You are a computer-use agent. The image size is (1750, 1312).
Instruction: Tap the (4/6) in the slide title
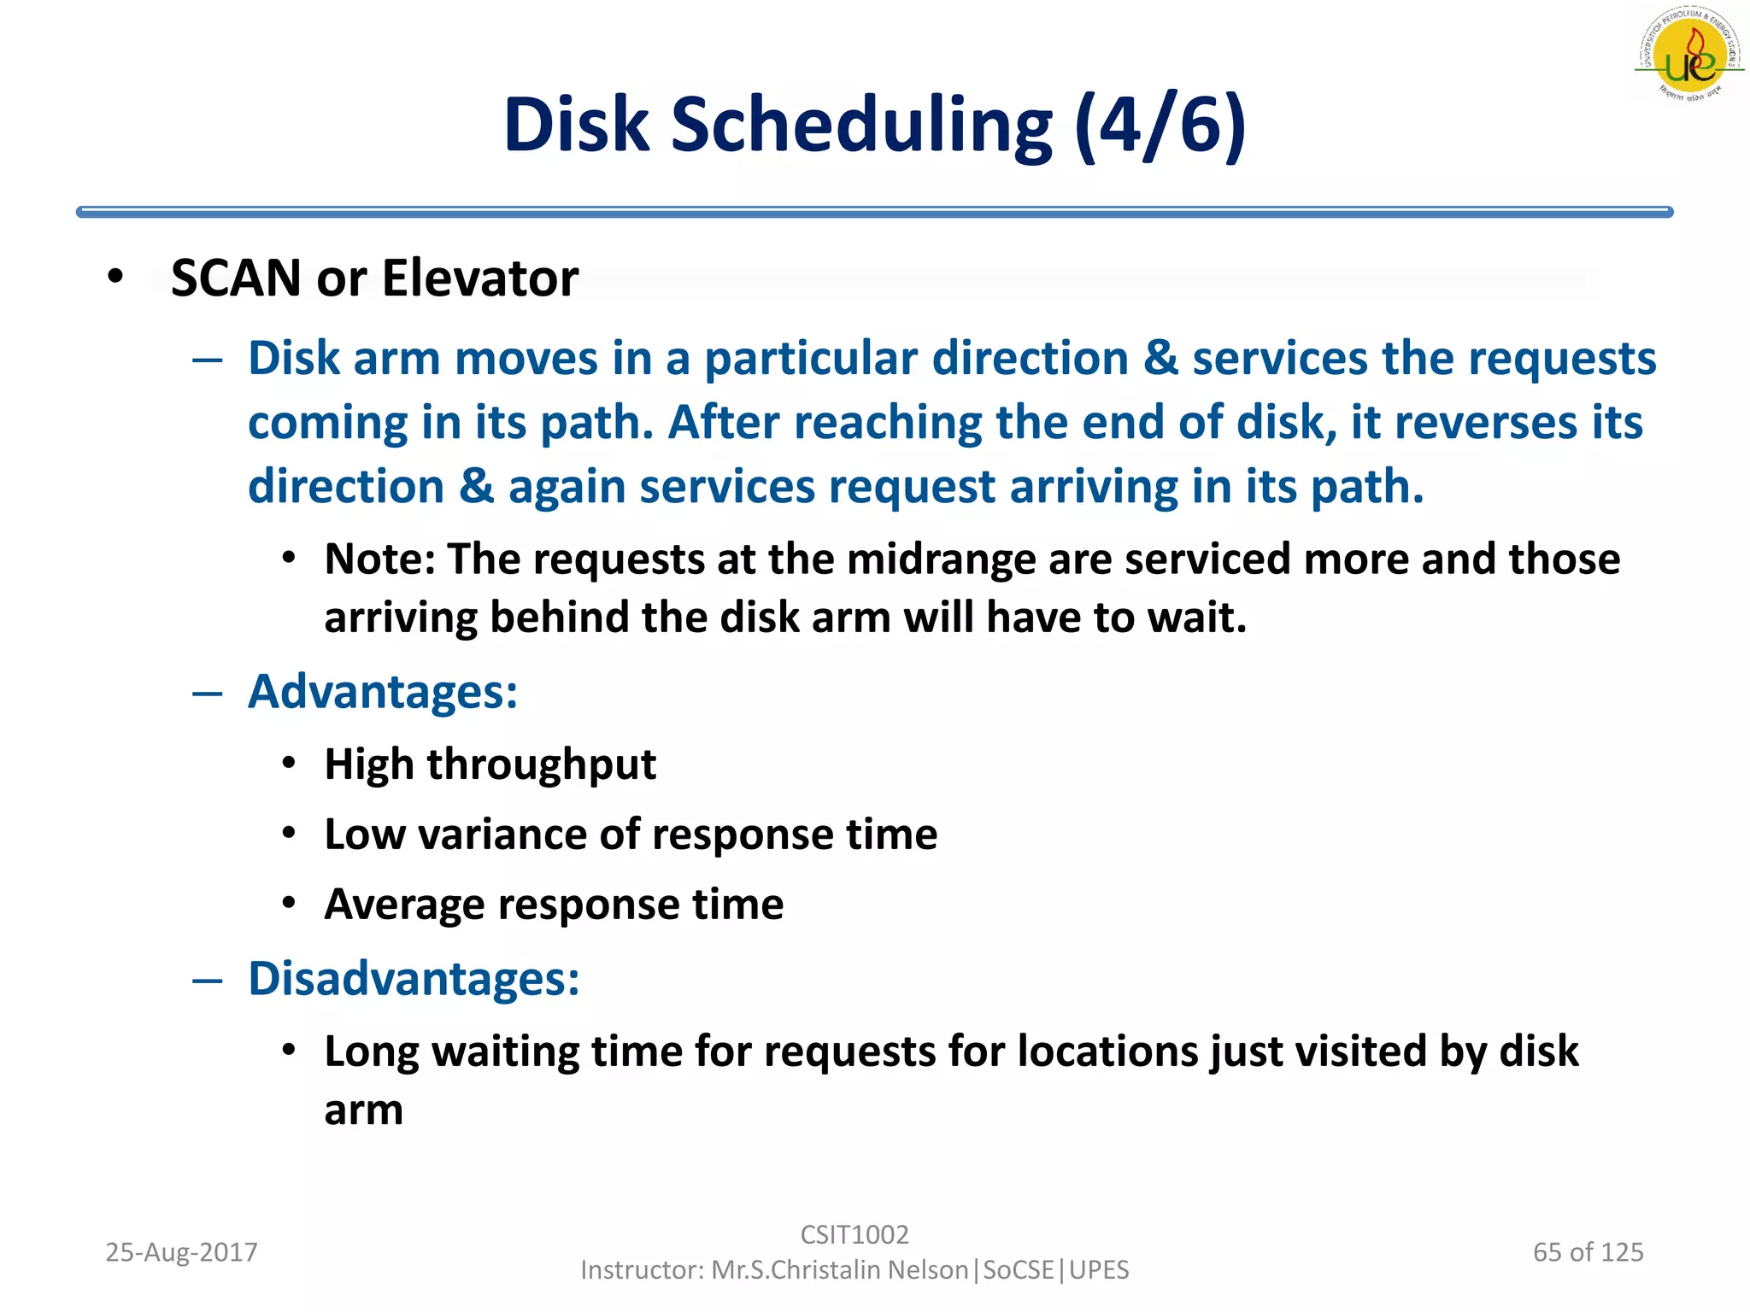coord(1160,126)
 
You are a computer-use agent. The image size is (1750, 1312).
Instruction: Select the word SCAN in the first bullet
coord(236,278)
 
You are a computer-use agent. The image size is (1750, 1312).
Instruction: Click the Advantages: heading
coord(383,692)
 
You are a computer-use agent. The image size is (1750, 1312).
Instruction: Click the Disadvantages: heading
coord(414,979)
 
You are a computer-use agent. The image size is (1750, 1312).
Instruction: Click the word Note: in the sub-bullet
coord(380,560)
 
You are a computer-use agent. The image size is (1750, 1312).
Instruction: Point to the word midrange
coord(941,560)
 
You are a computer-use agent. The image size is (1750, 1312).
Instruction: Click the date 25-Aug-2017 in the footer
coord(181,1252)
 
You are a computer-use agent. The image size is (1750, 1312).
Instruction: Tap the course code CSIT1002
coord(854,1235)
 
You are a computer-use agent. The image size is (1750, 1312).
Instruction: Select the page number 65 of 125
coord(1588,1252)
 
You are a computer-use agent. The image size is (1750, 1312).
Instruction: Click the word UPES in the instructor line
coord(1099,1270)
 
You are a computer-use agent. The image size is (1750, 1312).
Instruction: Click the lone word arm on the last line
coord(363,1111)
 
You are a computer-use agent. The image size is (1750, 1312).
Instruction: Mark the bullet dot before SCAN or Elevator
coord(115,277)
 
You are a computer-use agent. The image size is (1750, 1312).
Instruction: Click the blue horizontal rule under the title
coord(873,212)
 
